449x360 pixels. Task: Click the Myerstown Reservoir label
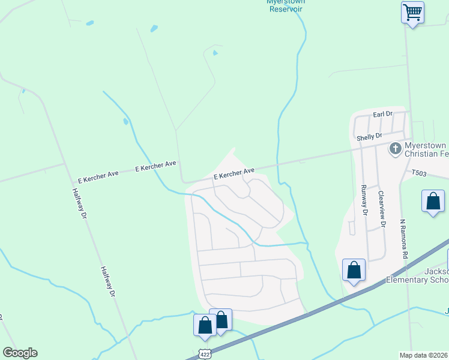[286, 5]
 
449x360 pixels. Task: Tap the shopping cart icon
[412, 11]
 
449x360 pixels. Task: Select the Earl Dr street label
[382, 113]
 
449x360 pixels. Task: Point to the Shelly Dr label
[369, 137]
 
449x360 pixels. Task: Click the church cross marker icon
[396, 148]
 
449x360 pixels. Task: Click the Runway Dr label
[364, 199]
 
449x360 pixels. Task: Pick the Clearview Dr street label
[381, 208]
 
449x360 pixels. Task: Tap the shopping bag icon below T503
[433, 202]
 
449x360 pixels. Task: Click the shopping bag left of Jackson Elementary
[354, 269]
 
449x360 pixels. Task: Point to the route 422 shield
[205, 354]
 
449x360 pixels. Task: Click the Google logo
[20, 353]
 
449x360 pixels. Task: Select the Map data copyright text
[423, 355]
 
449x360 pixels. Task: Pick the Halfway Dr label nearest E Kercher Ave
[80, 203]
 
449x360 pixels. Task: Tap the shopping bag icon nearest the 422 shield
[205, 325]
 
